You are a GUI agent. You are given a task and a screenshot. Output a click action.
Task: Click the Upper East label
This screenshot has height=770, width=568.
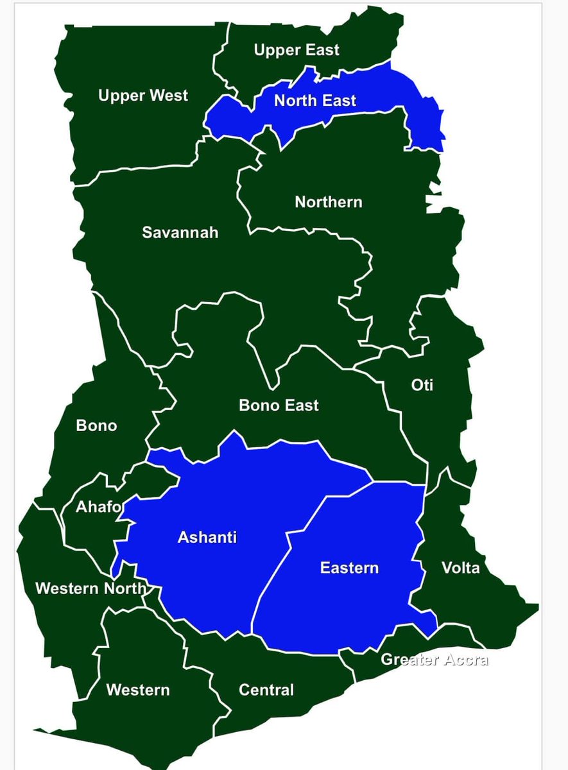[x=297, y=50]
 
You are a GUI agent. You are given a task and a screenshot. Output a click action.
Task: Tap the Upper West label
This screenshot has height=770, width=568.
[x=143, y=96]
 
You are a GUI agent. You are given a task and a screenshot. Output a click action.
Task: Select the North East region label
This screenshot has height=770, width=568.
[x=315, y=101]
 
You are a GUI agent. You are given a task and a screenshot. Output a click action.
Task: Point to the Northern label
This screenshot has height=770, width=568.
[x=329, y=202]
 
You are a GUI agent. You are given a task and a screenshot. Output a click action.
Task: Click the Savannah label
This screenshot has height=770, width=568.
[x=180, y=232]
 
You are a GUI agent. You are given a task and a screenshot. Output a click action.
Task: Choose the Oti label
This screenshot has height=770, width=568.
[x=422, y=385]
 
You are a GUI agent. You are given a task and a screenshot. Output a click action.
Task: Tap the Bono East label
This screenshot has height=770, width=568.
[x=279, y=406]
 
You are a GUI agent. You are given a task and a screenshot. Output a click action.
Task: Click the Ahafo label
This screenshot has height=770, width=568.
[x=98, y=507]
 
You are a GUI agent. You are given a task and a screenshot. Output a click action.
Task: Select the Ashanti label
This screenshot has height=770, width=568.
[x=207, y=537]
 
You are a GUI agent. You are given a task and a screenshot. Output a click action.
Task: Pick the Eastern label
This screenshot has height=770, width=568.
[x=349, y=568]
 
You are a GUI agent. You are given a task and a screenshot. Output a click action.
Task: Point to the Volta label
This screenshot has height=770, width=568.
[x=460, y=568]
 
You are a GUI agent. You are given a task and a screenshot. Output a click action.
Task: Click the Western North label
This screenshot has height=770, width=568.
[x=90, y=588]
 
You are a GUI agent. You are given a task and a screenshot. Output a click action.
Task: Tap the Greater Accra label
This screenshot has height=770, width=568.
[x=435, y=659]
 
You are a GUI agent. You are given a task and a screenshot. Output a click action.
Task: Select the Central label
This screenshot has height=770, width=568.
[x=266, y=690]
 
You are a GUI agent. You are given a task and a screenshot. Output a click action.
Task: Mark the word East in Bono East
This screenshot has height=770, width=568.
[x=302, y=406]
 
